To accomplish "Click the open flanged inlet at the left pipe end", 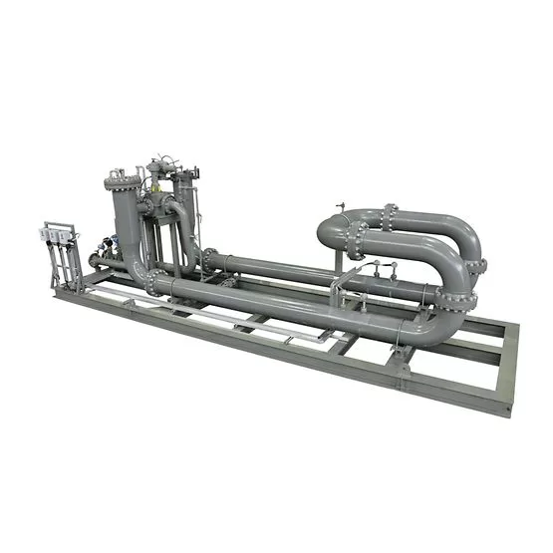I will tap(93, 260).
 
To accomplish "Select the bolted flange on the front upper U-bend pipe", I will tap(355, 239).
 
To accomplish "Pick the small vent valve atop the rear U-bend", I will tap(340, 206).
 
